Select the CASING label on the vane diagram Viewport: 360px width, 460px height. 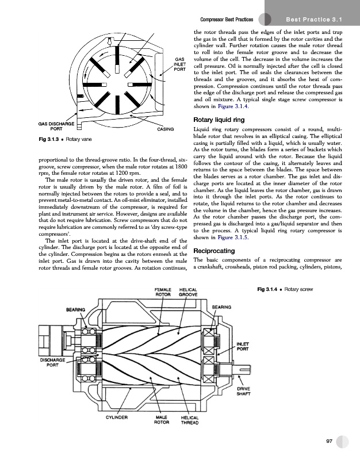coord(165,129)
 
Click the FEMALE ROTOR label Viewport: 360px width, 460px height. coord(164,292)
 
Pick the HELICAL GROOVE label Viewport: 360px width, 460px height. coord(189,292)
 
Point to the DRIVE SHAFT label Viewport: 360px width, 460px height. coord(243,392)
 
